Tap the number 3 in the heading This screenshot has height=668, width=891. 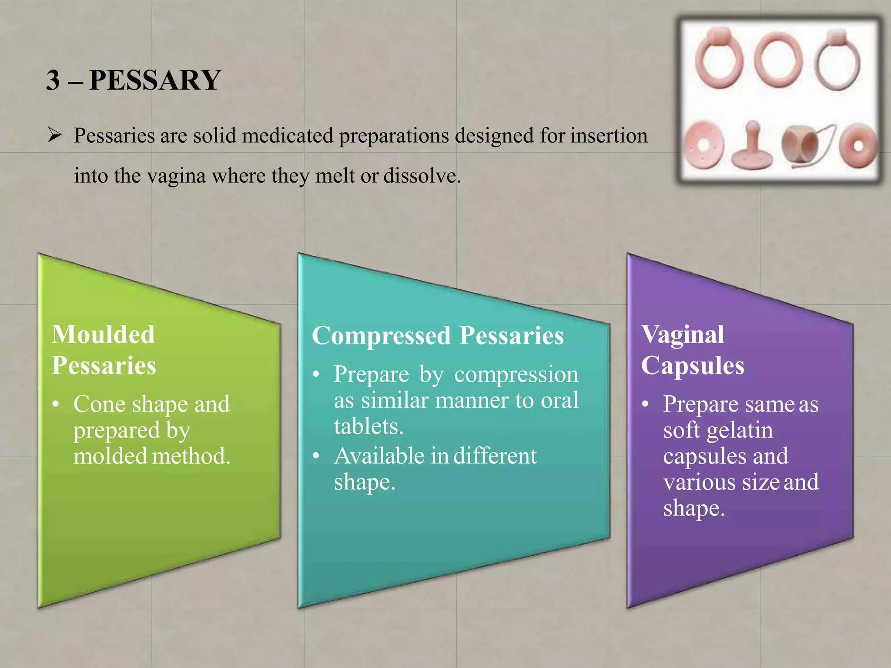tap(53, 80)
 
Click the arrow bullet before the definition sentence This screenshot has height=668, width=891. tap(54, 135)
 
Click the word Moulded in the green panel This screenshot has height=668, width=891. tap(103, 334)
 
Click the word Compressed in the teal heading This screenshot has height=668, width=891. tap(381, 336)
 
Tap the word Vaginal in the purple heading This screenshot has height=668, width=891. tap(683, 334)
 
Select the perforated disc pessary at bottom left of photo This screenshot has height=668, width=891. tap(702, 146)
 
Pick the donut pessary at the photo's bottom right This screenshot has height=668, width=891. tap(857, 146)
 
